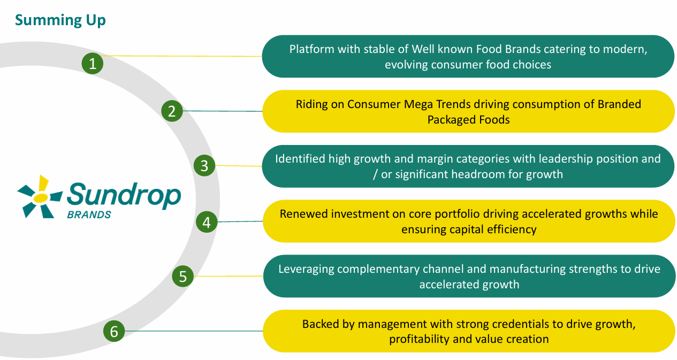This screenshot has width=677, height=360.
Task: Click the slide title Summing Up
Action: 60,20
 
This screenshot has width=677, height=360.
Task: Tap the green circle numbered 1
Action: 93,64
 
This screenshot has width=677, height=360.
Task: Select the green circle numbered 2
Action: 172,111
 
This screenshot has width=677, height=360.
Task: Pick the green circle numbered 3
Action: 204,166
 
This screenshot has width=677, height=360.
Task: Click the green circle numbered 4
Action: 207,221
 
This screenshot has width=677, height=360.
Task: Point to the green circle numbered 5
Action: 183,277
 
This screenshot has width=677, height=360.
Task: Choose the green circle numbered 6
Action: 113,332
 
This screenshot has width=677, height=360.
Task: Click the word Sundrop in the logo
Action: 124,196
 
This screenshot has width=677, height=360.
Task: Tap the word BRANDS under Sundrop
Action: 89,215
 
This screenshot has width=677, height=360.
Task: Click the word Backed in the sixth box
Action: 319,324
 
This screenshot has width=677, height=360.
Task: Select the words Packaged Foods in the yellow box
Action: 468,120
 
